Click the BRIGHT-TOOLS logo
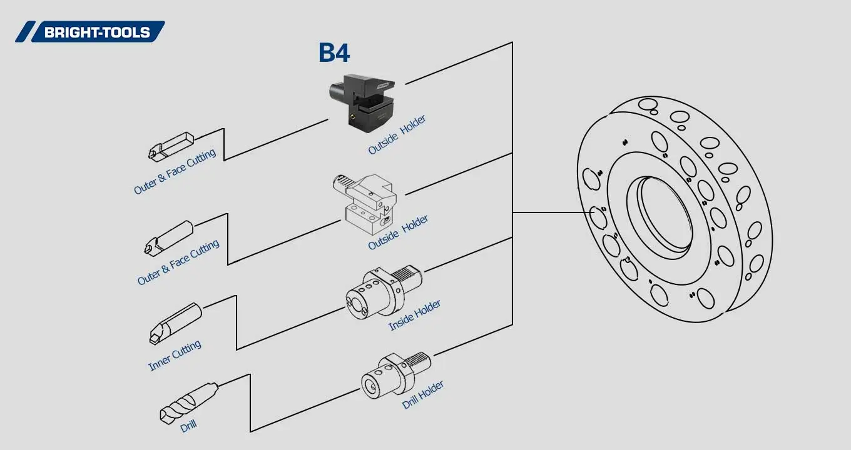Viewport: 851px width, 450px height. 90,32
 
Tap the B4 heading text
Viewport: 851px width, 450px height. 334,53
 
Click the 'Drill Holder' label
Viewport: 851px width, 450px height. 423,394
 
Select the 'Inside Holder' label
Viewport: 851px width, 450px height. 414,315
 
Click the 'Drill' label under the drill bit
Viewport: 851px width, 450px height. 188,426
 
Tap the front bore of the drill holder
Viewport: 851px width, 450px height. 372,384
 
